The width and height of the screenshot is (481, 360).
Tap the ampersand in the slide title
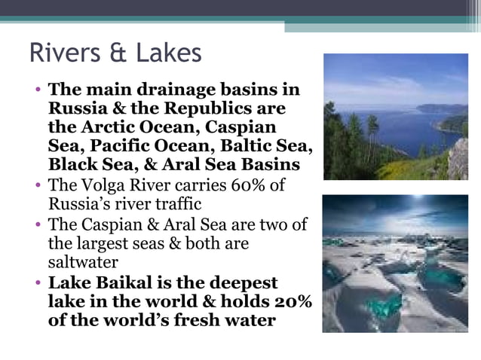point(118,53)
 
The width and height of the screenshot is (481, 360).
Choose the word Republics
point(210,108)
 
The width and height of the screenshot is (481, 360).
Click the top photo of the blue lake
point(395,117)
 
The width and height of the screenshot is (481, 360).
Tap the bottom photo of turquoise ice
point(395,264)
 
